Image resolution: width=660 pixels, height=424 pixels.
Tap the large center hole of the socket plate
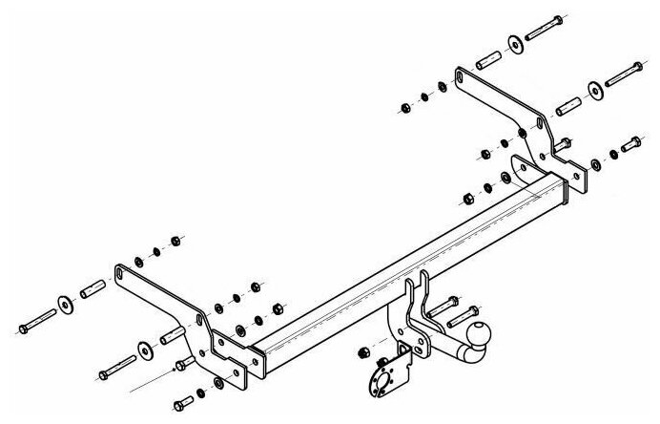[392, 375]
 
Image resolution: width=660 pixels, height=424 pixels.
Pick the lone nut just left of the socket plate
[362, 352]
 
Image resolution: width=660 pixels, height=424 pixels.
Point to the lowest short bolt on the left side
[185, 400]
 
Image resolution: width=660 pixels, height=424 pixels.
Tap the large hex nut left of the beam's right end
[469, 198]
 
